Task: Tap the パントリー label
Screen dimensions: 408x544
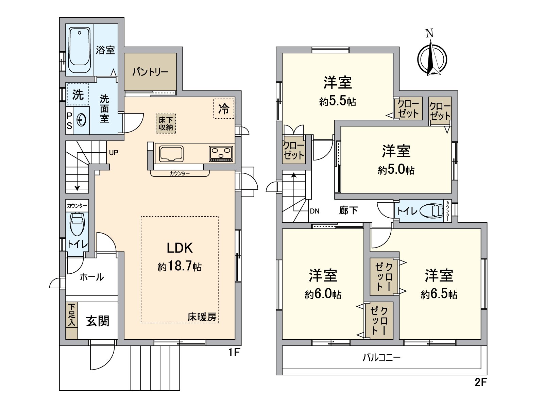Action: click(x=150, y=72)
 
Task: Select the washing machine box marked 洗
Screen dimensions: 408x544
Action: click(x=78, y=95)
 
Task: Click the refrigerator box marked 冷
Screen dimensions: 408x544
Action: click(x=224, y=109)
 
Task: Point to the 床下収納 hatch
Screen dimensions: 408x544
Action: click(x=166, y=123)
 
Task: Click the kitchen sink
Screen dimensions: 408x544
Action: click(x=171, y=154)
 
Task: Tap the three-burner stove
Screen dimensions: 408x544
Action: click(x=221, y=153)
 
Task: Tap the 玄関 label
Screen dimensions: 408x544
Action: click(x=98, y=321)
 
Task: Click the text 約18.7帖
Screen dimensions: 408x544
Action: click(x=180, y=267)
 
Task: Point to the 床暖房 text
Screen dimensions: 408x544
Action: click(x=202, y=317)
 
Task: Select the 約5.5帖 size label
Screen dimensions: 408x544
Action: click(x=338, y=101)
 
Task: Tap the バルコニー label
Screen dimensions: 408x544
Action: click(x=381, y=357)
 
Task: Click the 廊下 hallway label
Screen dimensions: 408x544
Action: click(x=348, y=210)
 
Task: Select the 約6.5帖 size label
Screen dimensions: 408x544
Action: click(x=439, y=294)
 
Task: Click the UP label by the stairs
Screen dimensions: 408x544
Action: click(x=114, y=153)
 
